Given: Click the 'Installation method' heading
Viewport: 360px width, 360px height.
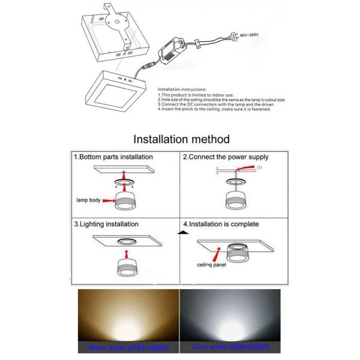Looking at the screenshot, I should [181, 139].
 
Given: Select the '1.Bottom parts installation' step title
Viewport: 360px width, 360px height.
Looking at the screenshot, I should [113, 157].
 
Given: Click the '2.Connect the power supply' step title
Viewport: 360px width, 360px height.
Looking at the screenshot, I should [225, 157].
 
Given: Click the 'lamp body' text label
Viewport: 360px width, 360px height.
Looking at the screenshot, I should [89, 200].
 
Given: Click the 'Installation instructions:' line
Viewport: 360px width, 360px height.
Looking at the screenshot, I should [182, 88].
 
